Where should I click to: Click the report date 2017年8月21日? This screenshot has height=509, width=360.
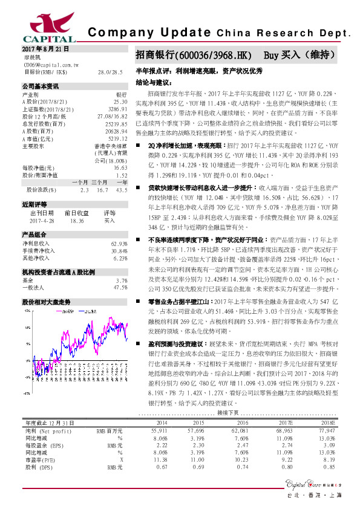click(46, 49)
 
